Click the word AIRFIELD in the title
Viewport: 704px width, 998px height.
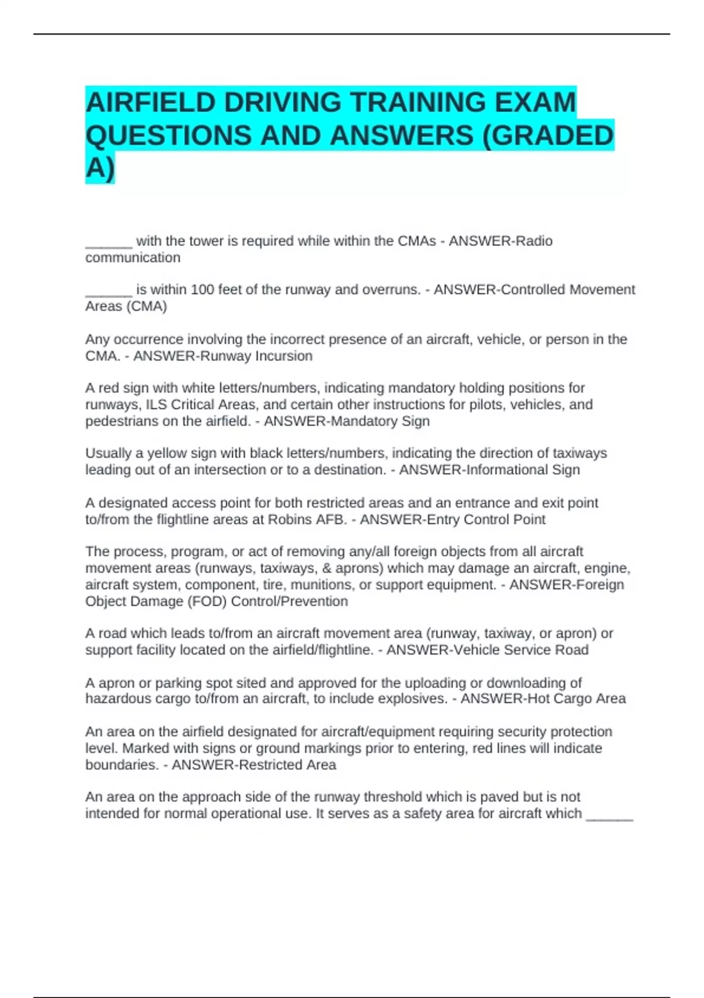[x=150, y=102]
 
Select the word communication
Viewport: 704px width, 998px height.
[x=133, y=258]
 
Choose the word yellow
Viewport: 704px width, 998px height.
[x=125, y=454]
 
